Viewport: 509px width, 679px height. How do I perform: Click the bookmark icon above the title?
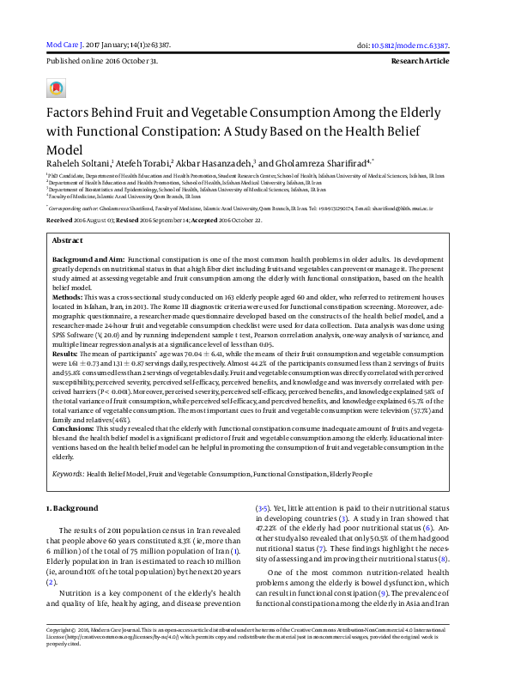[57, 88]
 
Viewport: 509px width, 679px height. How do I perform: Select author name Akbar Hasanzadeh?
[215, 163]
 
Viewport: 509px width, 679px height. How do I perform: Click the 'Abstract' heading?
[68, 242]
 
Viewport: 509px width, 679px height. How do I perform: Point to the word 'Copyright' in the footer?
[60, 652]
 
